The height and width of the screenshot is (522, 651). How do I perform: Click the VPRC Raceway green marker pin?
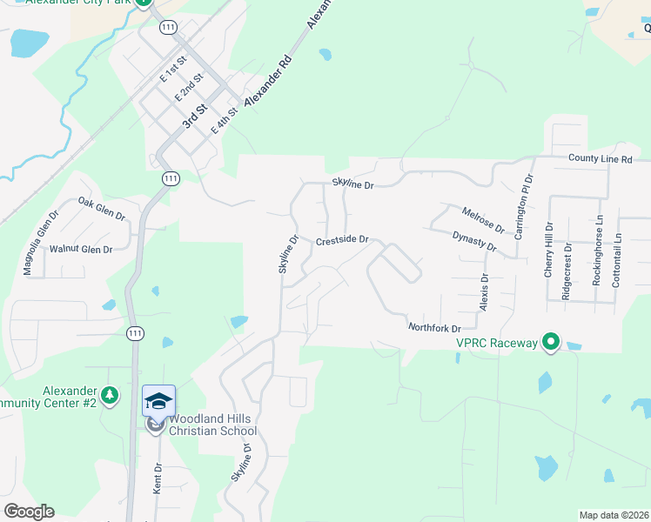[550, 343]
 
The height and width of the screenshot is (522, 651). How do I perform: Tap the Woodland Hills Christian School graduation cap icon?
[158, 401]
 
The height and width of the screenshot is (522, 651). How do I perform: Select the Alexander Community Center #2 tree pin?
[109, 396]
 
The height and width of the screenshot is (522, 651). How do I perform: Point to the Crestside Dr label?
[343, 240]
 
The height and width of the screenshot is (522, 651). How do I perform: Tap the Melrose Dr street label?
[483, 219]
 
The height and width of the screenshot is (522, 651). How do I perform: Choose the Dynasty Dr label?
[474, 241]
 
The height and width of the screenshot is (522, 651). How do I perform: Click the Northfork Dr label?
[434, 327]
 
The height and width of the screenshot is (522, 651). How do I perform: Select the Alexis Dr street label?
[486, 289]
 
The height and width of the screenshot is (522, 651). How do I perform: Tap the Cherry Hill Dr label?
[549, 245]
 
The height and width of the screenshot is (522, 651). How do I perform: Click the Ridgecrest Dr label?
[567, 271]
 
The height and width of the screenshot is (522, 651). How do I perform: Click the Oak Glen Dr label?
[102, 209]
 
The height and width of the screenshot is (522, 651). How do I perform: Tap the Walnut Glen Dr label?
[81, 249]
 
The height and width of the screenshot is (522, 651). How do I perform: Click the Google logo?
[29, 512]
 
